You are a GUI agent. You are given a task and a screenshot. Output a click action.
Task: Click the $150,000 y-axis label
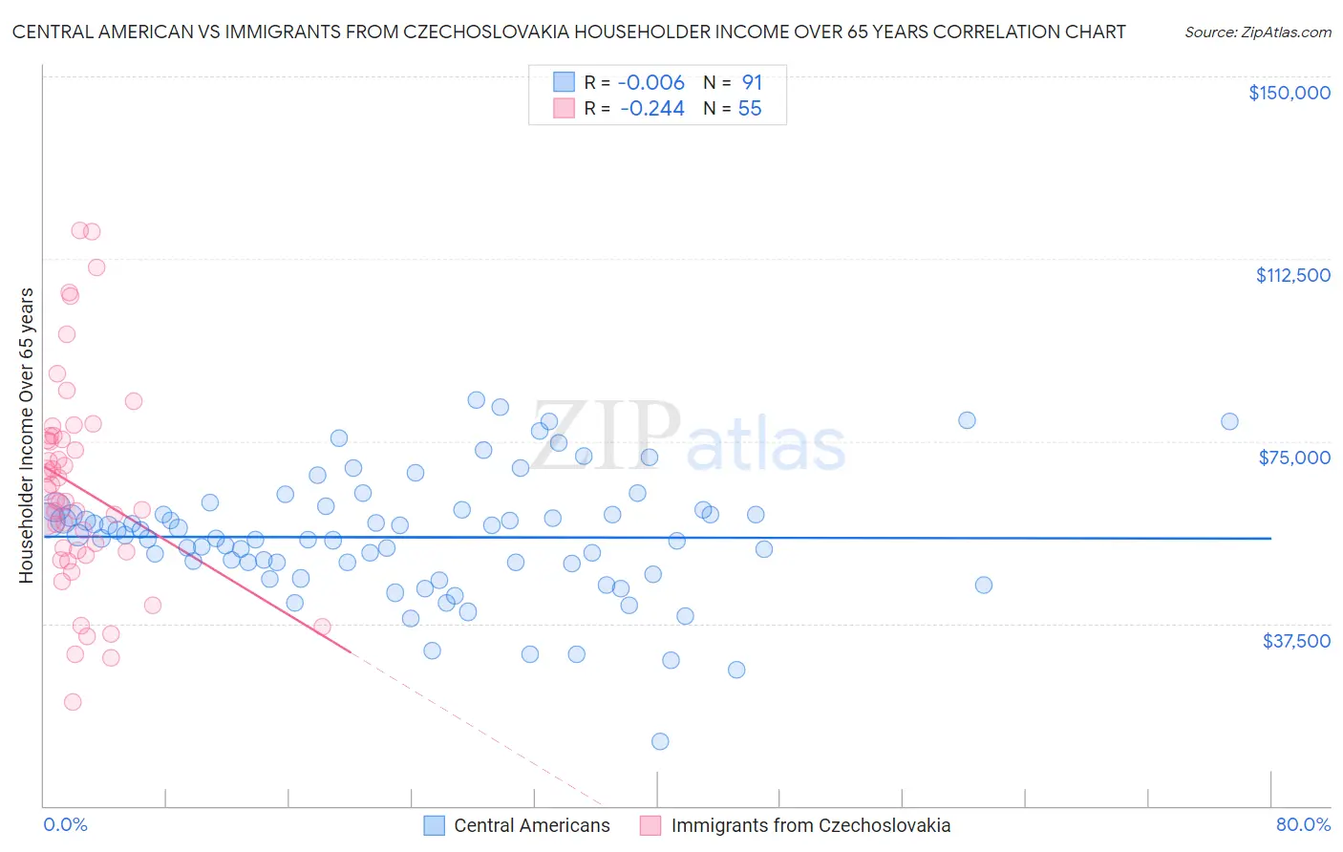1289,93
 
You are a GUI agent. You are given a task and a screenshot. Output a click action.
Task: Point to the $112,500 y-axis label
1292,275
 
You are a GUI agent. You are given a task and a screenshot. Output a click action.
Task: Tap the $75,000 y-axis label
1294,458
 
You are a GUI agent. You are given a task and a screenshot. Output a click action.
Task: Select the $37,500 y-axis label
1295,641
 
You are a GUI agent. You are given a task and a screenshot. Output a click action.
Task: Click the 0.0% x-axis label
65,824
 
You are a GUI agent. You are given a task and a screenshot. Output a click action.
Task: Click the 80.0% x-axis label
1303,824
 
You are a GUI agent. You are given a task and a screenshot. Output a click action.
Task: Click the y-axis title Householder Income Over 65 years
27,435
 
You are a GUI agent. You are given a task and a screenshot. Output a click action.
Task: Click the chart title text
568,32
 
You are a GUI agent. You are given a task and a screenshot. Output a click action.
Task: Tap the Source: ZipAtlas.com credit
1257,32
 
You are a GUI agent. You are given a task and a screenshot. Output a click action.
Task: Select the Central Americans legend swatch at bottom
435,825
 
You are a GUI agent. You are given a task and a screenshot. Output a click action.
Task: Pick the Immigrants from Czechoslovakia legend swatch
650,825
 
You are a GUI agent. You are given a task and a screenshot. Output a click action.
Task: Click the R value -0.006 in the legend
651,83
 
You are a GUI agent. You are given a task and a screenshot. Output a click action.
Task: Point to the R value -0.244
651,109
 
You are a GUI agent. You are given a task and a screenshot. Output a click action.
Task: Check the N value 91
752,83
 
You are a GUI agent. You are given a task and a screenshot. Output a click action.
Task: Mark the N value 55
750,109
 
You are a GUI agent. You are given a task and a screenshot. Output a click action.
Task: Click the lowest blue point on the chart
659,741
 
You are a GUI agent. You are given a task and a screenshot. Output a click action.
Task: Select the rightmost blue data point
1229,421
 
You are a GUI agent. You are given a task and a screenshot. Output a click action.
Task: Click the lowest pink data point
73,702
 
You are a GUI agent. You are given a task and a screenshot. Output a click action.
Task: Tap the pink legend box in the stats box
564,109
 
